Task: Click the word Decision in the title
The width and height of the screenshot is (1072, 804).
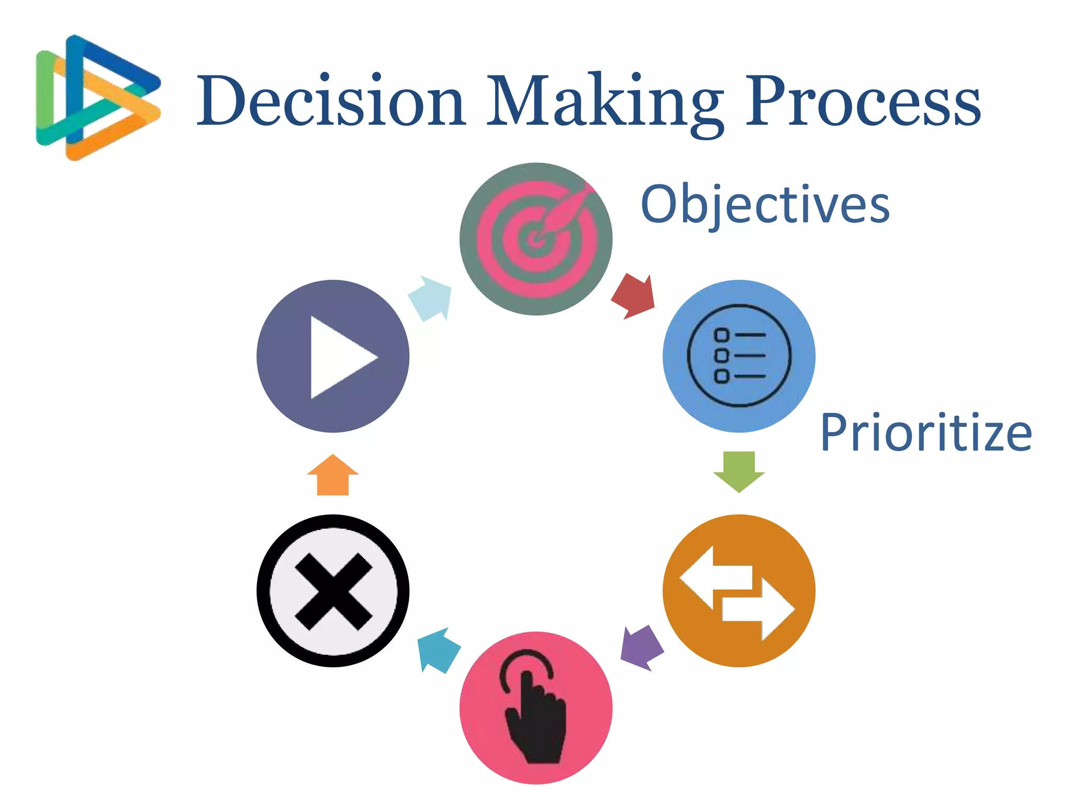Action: tap(331, 100)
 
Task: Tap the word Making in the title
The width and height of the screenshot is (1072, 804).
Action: tap(605, 102)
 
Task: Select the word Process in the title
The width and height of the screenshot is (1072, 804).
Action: tap(863, 100)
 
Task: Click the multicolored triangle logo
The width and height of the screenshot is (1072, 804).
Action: tap(97, 98)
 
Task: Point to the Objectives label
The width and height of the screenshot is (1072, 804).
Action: tap(765, 205)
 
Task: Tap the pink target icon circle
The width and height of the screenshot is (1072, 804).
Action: tap(535, 239)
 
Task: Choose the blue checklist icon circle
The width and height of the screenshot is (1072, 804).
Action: tap(739, 356)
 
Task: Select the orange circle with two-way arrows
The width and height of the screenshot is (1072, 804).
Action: tap(739, 590)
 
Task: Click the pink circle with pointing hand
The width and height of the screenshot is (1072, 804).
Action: tap(535, 708)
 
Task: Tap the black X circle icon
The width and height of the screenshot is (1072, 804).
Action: tap(333, 590)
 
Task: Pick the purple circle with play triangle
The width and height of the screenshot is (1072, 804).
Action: tap(333, 356)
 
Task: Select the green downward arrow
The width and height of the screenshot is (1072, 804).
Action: tap(739, 471)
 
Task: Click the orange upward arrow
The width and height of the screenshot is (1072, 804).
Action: tap(333, 475)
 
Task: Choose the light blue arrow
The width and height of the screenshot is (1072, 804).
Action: tap(431, 298)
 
